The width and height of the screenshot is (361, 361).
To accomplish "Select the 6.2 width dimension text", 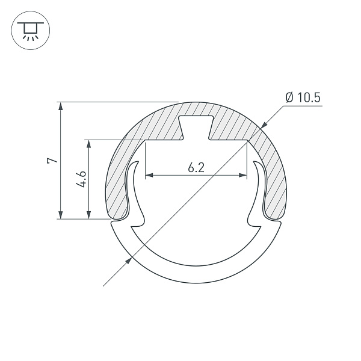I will tap(196, 168).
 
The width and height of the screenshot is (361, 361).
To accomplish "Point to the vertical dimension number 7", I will tap(52, 161).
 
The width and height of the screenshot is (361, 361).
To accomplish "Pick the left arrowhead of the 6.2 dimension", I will tap(149, 176).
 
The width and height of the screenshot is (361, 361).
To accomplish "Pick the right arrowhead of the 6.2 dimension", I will tap(243, 176).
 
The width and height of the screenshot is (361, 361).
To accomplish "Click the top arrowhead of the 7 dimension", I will tap(60, 106).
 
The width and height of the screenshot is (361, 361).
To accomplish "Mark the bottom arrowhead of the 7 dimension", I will tap(60, 215).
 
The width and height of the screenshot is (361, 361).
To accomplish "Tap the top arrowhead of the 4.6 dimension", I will tap(89, 144).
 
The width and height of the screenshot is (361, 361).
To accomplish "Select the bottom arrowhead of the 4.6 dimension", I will tap(89, 215).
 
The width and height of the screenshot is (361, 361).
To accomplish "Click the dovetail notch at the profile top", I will tap(196, 128).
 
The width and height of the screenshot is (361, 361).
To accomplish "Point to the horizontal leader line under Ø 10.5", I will tap(301, 106).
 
